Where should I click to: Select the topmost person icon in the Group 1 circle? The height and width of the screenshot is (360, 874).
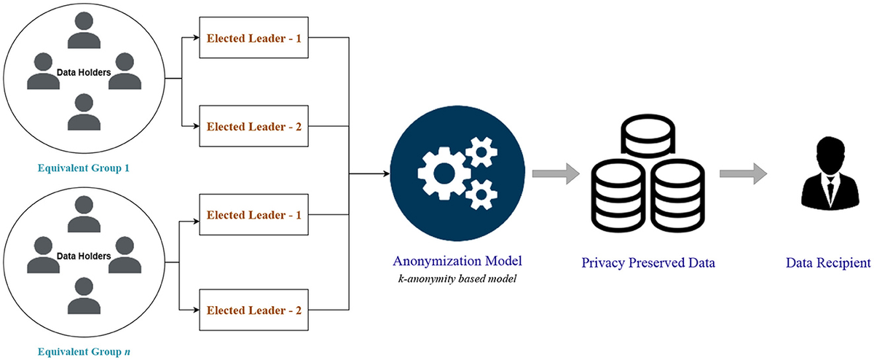pyautogui.click(x=84, y=31)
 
